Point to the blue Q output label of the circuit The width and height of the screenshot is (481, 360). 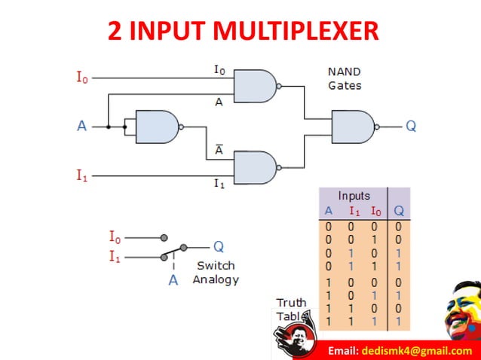(x=411, y=126)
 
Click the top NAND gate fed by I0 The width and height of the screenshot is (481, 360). (x=256, y=86)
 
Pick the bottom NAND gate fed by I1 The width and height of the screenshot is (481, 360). (x=256, y=167)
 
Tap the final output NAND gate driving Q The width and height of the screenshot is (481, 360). (x=354, y=126)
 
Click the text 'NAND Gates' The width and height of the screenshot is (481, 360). (x=345, y=78)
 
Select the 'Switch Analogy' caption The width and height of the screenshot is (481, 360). (x=216, y=272)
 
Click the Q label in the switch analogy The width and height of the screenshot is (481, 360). (x=218, y=246)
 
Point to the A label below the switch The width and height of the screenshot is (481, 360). (x=173, y=280)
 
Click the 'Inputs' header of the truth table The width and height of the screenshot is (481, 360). (x=354, y=196)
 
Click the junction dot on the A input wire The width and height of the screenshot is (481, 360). (x=109, y=127)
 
